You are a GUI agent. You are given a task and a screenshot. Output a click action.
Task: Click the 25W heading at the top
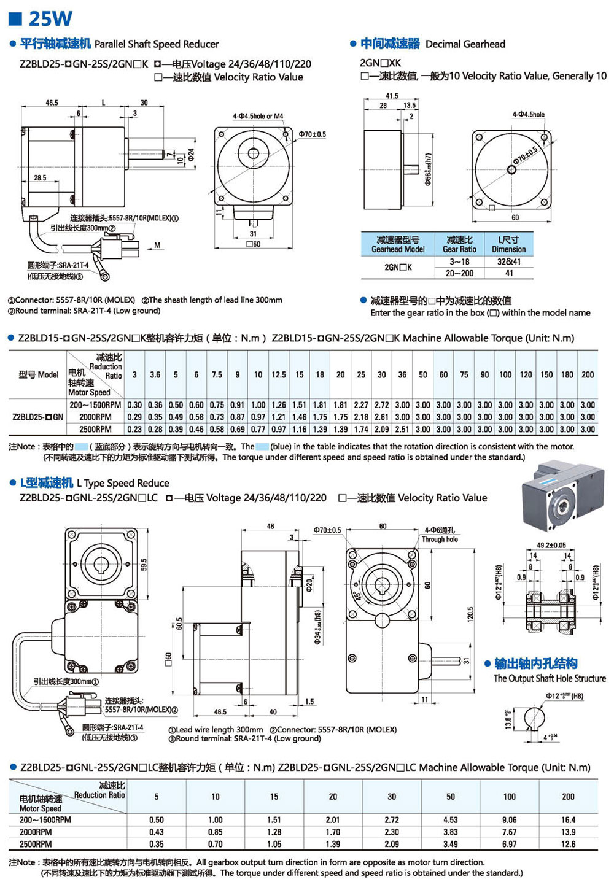(x=49, y=18)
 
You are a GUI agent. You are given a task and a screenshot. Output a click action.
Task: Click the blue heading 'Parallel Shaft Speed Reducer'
(x=156, y=44)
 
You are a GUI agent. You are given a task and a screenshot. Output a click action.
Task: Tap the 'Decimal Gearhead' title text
(x=465, y=44)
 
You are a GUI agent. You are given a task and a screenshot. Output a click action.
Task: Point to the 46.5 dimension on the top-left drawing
(x=52, y=103)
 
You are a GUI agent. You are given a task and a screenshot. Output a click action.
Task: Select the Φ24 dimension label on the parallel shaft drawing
(x=192, y=154)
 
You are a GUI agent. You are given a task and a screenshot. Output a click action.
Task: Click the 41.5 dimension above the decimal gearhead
(x=392, y=96)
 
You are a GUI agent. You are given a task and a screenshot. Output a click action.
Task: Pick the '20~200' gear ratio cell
(x=459, y=273)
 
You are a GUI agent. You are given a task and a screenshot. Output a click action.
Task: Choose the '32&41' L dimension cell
(x=508, y=261)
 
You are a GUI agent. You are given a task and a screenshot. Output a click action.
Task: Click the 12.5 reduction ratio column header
(x=279, y=374)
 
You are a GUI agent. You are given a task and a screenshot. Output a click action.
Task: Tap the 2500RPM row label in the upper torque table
(x=95, y=429)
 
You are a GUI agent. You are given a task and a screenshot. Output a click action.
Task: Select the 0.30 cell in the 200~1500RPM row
(x=134, y=405)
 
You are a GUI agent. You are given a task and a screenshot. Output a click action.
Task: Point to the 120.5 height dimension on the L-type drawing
(x=471, y=613)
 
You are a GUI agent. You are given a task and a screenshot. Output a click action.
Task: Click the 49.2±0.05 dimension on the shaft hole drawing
(x=551, y=545)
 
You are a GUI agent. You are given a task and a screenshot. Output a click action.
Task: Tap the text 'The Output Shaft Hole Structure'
(x=550, y=678)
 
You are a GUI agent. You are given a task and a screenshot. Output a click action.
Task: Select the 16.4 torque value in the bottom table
(x=568, y=819)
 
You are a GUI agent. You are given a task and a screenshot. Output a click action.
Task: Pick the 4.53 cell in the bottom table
(x=450, y=819)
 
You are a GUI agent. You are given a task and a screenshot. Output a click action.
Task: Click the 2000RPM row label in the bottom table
(x=36, y=832)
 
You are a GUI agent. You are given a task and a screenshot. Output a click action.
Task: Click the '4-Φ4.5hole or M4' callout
(x=258, y=116)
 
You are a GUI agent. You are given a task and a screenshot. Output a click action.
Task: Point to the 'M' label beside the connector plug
(x=157, y=246)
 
